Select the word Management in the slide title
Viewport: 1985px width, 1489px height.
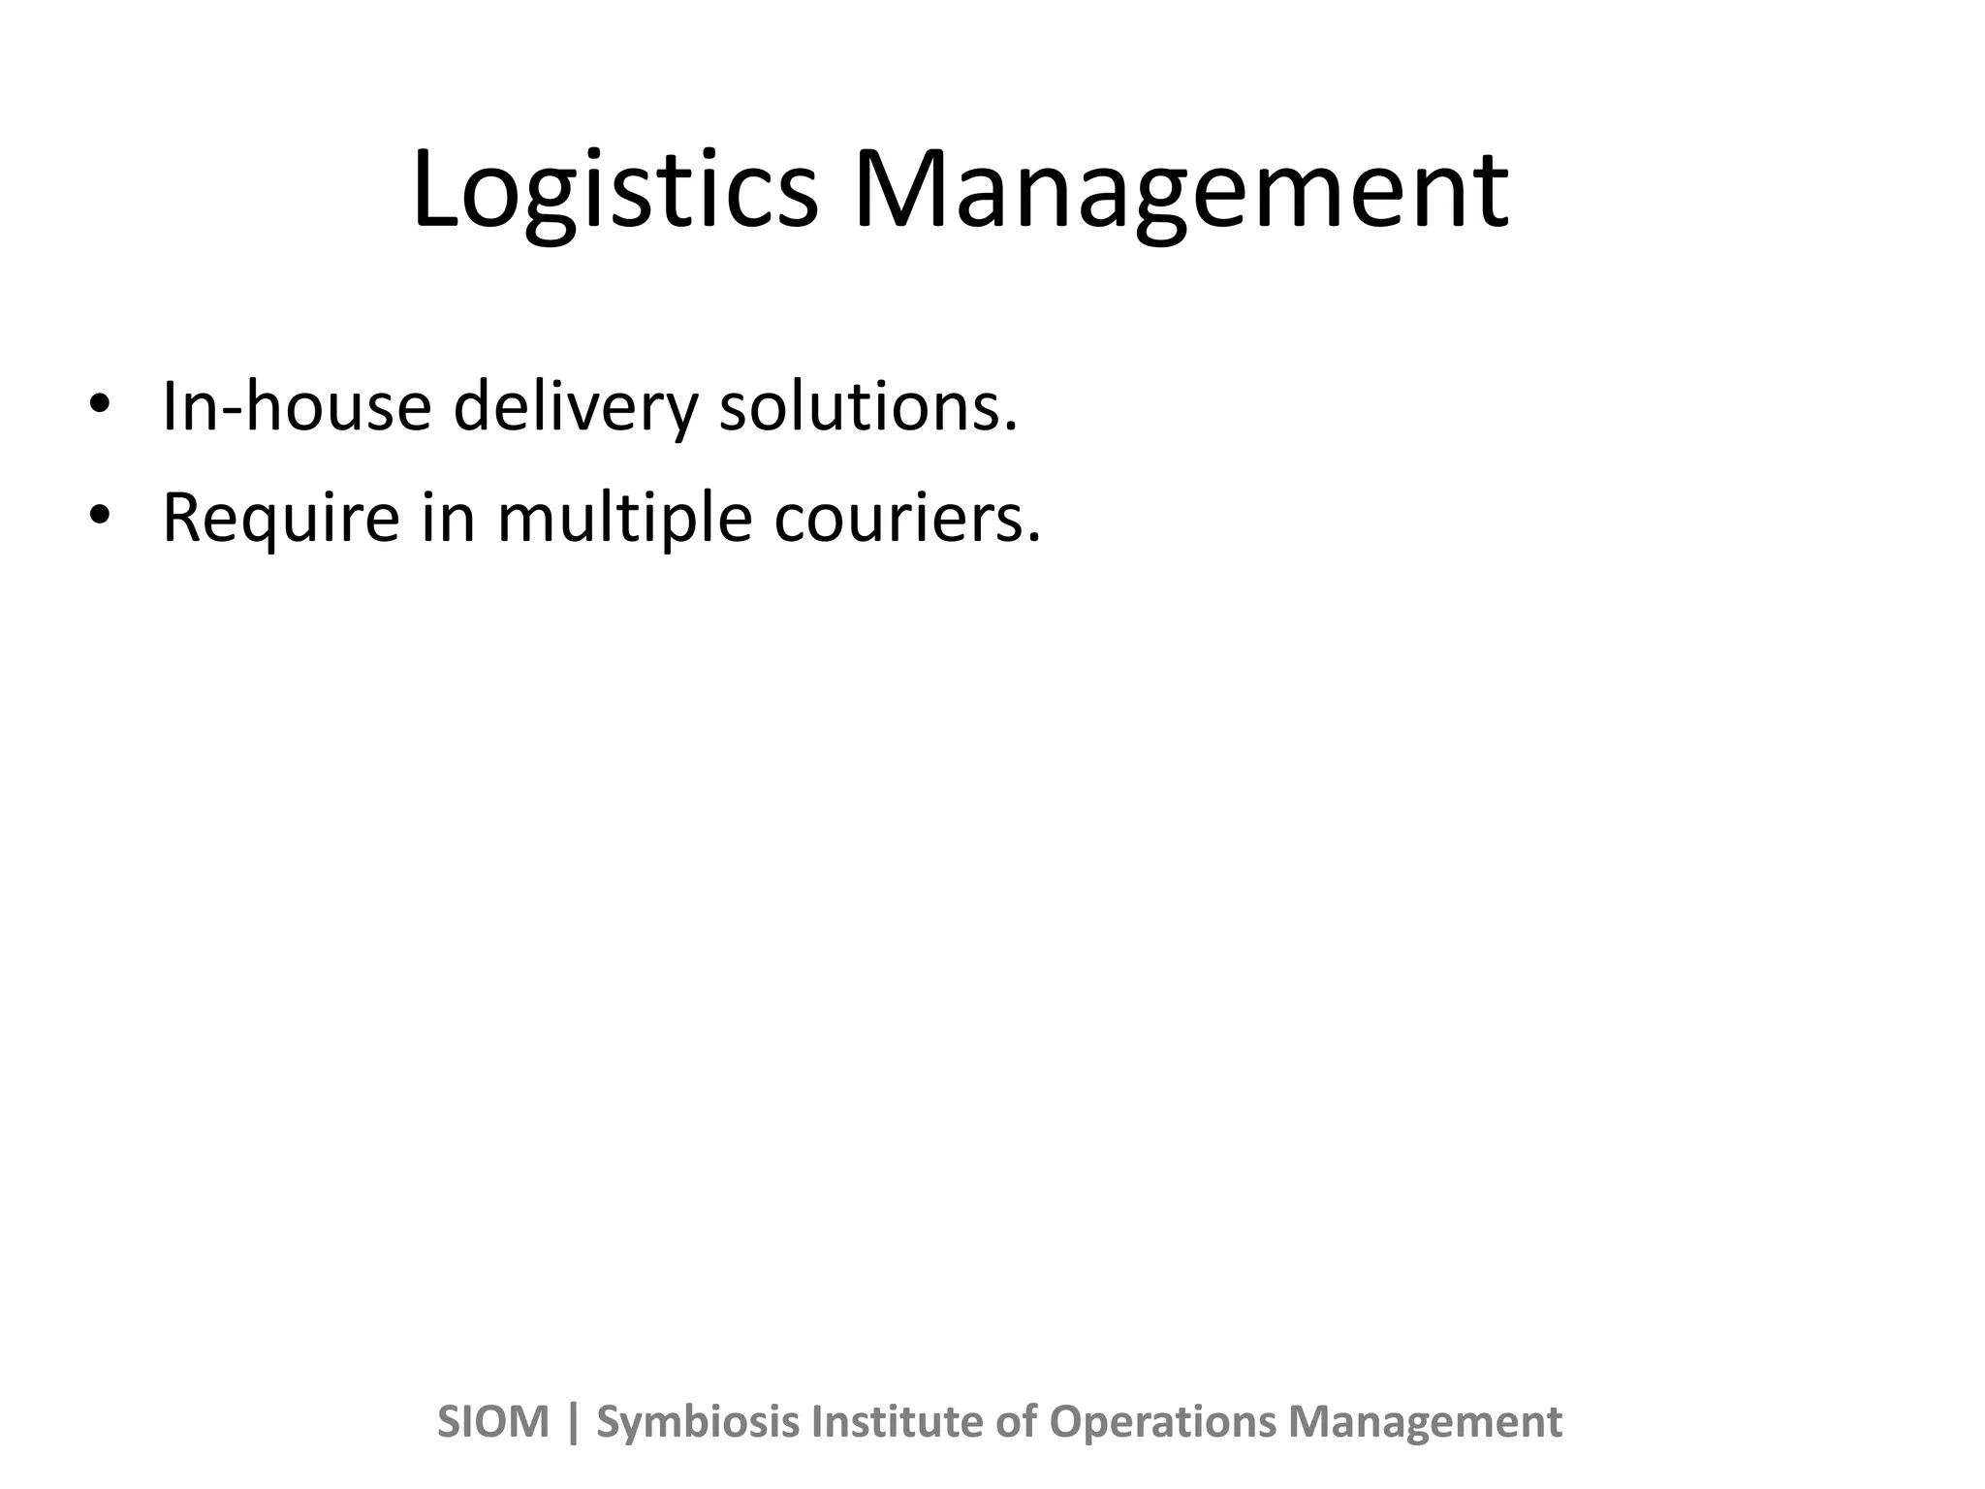(1180, 192)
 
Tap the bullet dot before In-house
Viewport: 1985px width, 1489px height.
(99, 403)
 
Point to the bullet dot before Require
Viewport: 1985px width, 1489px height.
(99, 515)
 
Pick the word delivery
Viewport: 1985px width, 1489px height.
(575, 407)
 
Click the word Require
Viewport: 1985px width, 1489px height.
(280, 519)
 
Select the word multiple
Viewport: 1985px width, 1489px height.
(624, 519)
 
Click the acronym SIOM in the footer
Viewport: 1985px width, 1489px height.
(493, 1422)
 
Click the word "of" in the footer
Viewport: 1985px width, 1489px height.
(1017, 1422)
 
